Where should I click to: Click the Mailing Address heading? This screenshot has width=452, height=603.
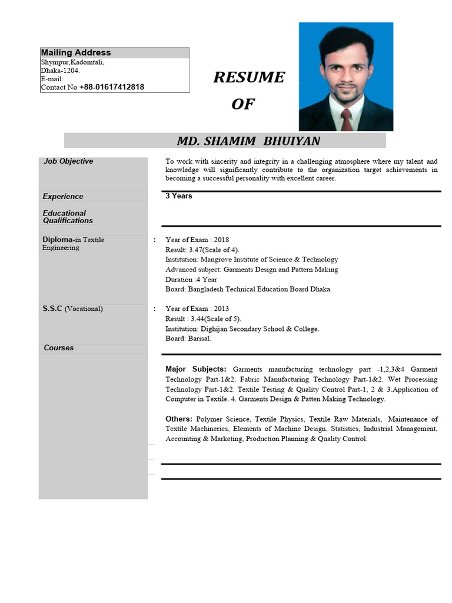75,53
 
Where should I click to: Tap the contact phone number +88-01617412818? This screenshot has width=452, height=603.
111,87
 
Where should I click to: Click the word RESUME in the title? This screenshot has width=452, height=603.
248,78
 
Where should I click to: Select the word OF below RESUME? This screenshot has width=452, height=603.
243,104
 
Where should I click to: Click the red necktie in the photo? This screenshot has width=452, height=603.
347,120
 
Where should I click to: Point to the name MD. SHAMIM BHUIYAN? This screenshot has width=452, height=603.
248,141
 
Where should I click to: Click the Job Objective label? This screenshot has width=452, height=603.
68,161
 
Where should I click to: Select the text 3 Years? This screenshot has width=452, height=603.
179,196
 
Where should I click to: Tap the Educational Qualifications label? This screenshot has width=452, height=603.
68,217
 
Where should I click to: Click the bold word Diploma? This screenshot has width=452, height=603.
56,240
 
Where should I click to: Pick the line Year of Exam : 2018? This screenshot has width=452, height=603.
197,240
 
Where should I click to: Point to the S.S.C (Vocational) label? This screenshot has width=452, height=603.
72,309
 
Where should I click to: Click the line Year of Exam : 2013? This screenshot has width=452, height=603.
197,309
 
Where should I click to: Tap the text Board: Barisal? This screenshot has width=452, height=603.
188,339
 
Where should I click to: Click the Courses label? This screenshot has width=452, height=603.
59,348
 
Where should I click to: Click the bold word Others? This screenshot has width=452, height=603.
179,419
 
